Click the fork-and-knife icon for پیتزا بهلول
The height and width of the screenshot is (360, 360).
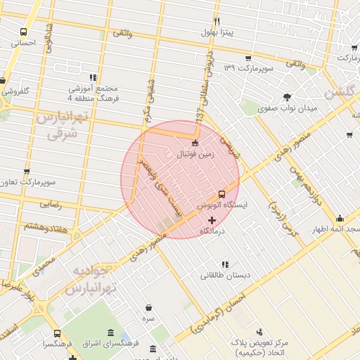point(217,22)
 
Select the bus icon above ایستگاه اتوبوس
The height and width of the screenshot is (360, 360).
point(222,193)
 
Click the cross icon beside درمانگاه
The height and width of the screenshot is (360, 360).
point(212,220)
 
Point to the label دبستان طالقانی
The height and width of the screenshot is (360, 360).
point(225,276)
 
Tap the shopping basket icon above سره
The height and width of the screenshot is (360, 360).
point(149,307)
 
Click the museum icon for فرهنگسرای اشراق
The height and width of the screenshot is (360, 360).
point(111,333)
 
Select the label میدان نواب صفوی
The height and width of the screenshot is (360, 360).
point(288,109)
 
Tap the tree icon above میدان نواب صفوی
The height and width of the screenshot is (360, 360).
point(287,97)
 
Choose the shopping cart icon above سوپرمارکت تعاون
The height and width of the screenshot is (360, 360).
point(27,171)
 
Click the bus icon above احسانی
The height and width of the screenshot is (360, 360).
point(24,32)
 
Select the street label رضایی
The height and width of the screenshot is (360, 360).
point(50,205)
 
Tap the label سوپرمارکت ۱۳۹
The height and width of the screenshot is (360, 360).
point(247,68)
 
